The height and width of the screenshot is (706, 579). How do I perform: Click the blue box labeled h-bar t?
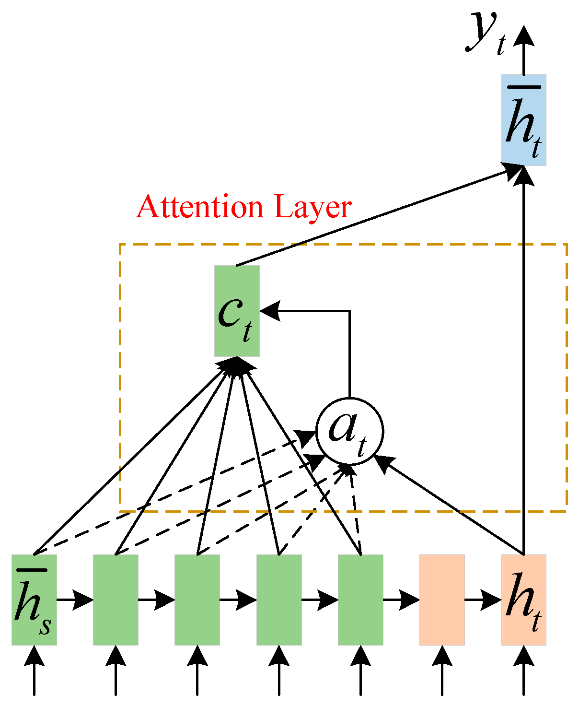(523, 120)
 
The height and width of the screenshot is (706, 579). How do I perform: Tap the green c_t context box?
(237, 311)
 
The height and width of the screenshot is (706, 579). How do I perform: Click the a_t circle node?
(349, 431)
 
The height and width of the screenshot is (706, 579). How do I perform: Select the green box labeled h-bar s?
(34, 600)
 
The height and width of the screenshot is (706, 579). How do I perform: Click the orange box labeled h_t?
(523, 600)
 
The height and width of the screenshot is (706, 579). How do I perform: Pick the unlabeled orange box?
(442, 600)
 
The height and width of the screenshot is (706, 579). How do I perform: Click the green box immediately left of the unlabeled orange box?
(360, 600)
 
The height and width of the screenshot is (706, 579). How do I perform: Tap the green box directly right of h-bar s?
(116, 600)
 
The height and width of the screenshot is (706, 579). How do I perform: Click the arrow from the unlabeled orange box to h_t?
(482, 600)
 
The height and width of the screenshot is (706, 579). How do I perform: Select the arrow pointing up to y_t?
(523, 53)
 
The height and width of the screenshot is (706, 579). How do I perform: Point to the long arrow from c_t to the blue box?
(374, 216)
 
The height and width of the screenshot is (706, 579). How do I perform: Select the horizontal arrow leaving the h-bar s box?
(74, 600)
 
